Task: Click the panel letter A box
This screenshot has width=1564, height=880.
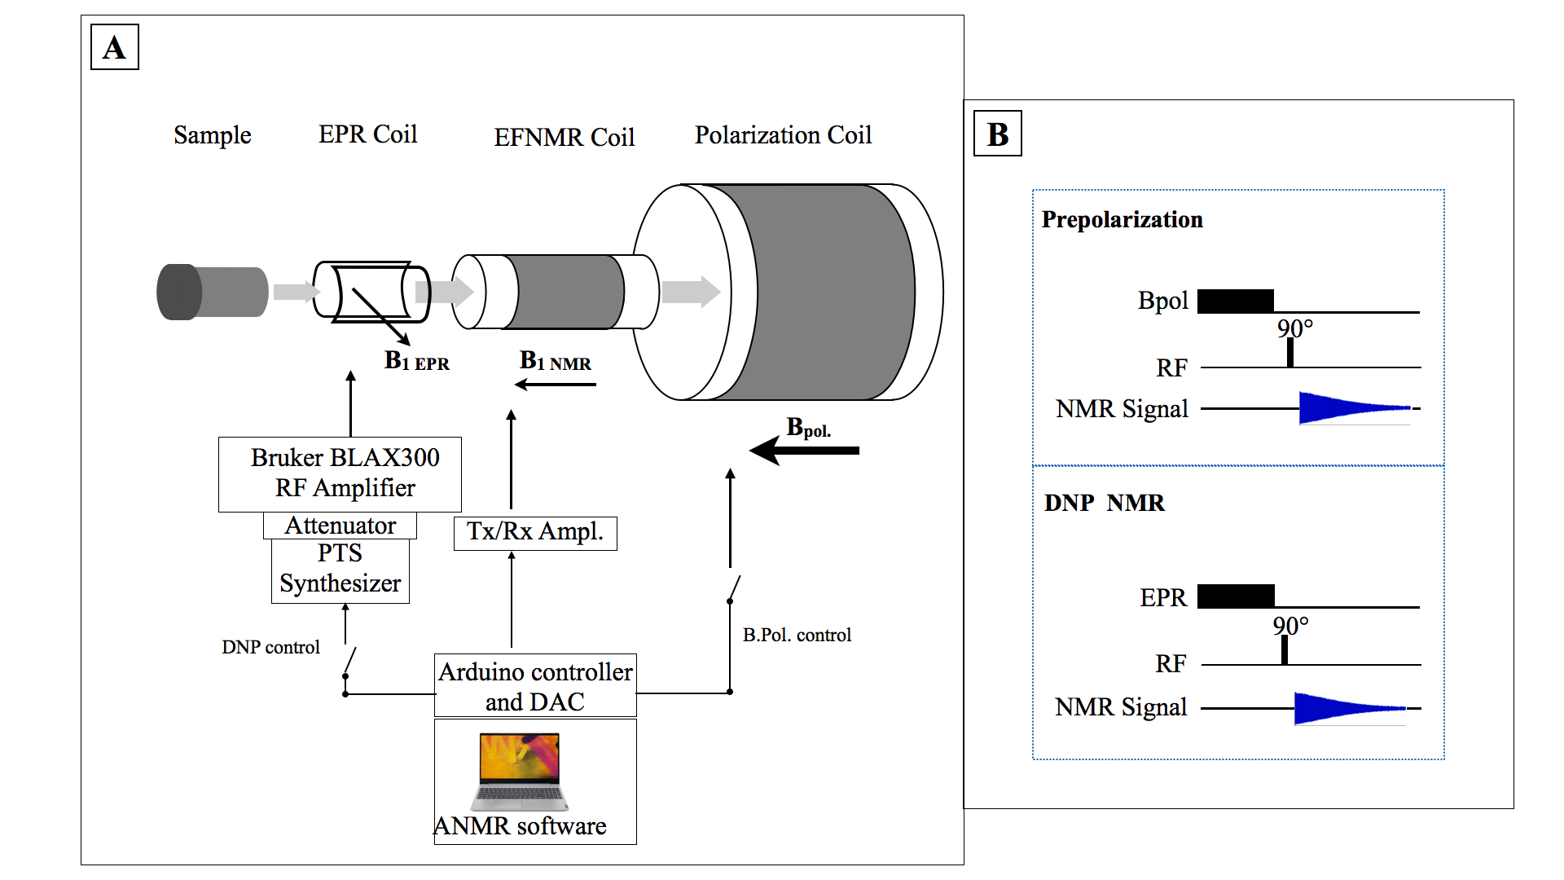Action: pyautogui.click(x=114, y=47)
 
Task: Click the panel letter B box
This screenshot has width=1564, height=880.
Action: pyautogui.click(x=997, y=134)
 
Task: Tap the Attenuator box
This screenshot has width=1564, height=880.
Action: pyautogui.click(x=340, y=526)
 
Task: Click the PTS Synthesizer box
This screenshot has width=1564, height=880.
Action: pyautogui.click(x=340, y=570)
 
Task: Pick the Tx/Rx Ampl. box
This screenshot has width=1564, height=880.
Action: pyautogui.click(x=534, y=533)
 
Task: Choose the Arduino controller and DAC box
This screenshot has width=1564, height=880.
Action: pyautogui.click(x=534, y=686)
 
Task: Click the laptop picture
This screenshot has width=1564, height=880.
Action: pyautogui.click(x=520, y=771)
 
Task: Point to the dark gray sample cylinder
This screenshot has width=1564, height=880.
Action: pyautogui.click(x=212, y=292)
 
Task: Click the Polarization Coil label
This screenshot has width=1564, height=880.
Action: pyautogui.click(x=783, y=135)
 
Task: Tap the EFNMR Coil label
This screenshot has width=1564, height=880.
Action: pyautogui.click(x=564, y=137)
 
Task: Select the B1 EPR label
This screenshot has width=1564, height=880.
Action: pyautogui.click(x=416, y=361)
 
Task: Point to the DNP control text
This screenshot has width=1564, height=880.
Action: pyautogui.click(x=270, y=647)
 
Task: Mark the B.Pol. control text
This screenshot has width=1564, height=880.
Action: pyautogui.click(x=797, y=635)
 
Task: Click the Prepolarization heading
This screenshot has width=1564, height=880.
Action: pyautogui.click(x=1122, y=220)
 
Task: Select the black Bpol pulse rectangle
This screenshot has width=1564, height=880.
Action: pyautogui.click(x=1235, y=301)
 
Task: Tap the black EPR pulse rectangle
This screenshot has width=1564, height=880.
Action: pyautogui.click(x=1235, y=596)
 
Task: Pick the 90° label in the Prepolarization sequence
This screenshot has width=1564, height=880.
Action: pyautogui.click(x=1294, y=328)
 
